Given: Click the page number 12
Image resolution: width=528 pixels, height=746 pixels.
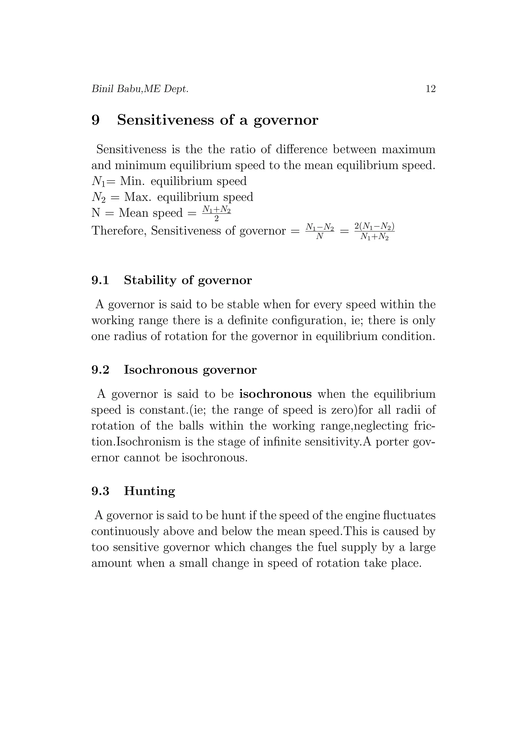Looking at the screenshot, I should [x=431, y=89].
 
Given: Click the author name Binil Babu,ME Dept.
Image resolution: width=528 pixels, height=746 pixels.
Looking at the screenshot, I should [x=140, y=89].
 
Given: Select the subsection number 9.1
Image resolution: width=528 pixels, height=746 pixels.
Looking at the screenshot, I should [x=100, y=280].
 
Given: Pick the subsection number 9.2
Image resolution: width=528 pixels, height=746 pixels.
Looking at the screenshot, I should [x=100, y=370].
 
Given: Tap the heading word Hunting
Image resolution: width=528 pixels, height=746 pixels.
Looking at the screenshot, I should [x=149, y=491].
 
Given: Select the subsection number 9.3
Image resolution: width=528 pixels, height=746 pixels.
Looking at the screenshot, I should [x=100, y=491].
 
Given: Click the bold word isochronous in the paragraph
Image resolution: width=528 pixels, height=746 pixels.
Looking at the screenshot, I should [x=275, y=394].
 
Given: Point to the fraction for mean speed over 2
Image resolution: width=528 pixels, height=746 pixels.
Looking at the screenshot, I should [x=217, y=214].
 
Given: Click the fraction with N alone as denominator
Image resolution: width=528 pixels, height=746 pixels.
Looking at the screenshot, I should [x=320, y=231].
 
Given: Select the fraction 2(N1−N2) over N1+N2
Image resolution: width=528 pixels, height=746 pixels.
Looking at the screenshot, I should [x=375, y=231].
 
